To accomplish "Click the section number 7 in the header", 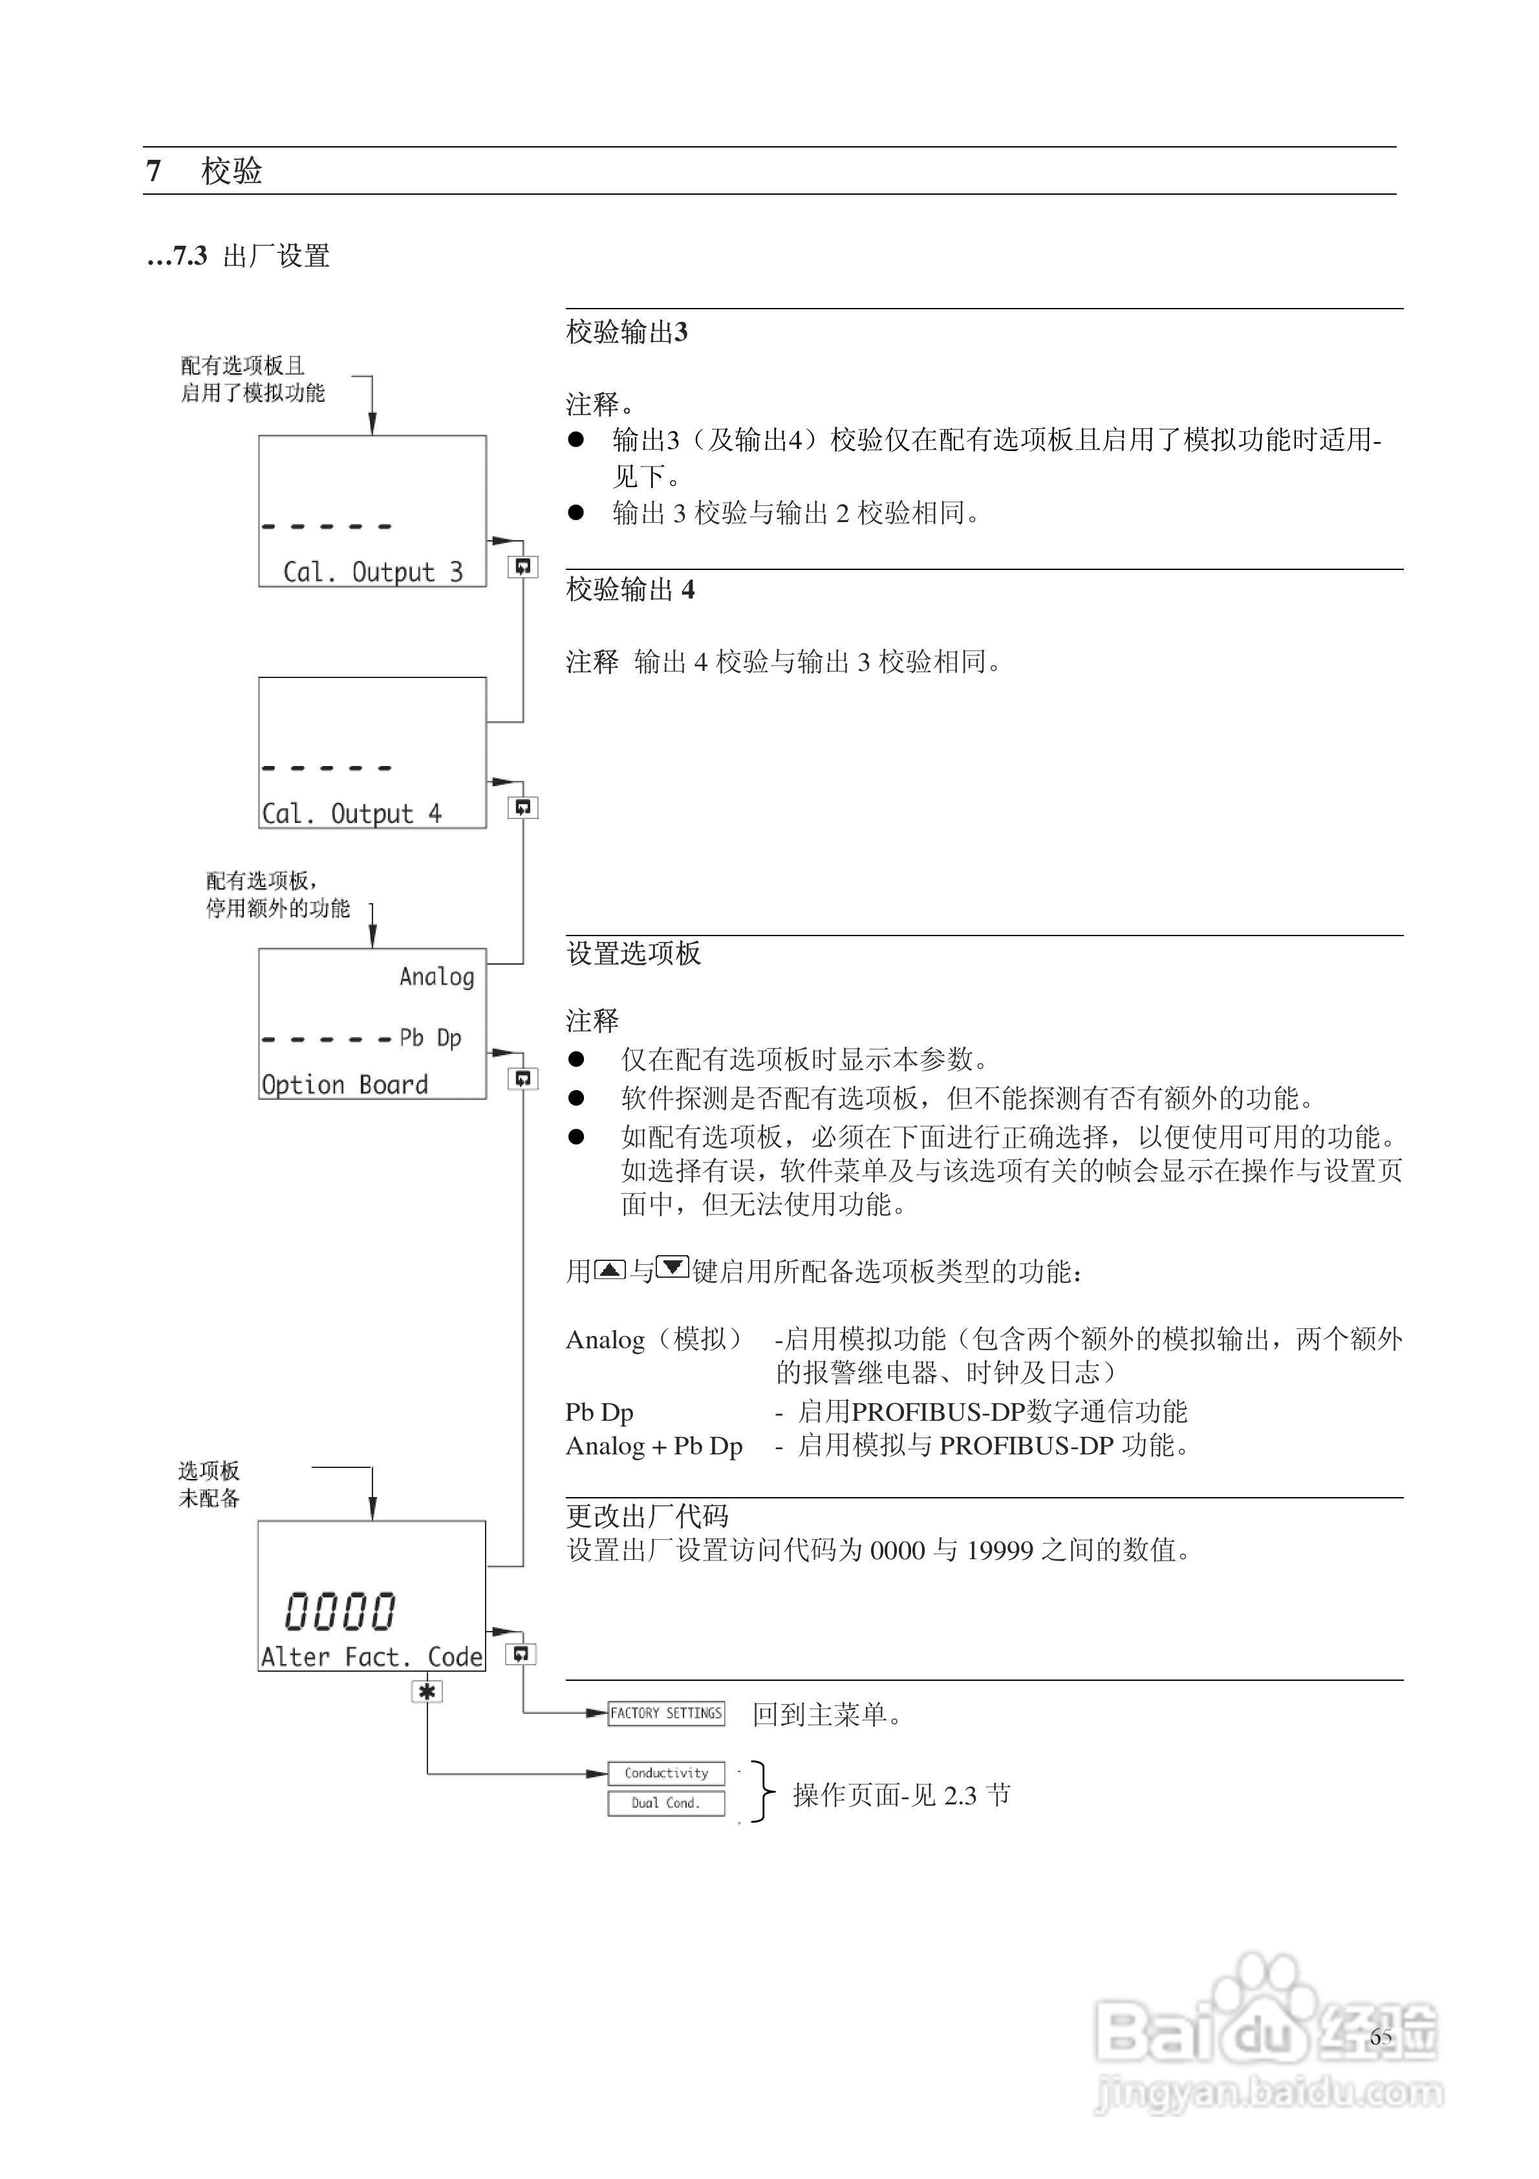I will [x=154, y=171].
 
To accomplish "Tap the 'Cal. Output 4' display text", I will [x=351, y=813].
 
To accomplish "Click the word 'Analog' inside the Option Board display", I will [x=436, y=976].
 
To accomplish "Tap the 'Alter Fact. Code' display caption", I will [x=372, y=1657].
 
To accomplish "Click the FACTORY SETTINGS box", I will [x=666, y=1713].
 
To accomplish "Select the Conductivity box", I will [x=666, y=1773].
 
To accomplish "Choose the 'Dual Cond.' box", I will [x=666, y=1803].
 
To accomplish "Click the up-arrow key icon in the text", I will [x=609, y=1269].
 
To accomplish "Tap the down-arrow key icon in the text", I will [x=673, y=1267].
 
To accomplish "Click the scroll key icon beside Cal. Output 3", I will [x=522, y=567].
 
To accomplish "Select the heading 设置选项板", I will [x=633, y=954].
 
